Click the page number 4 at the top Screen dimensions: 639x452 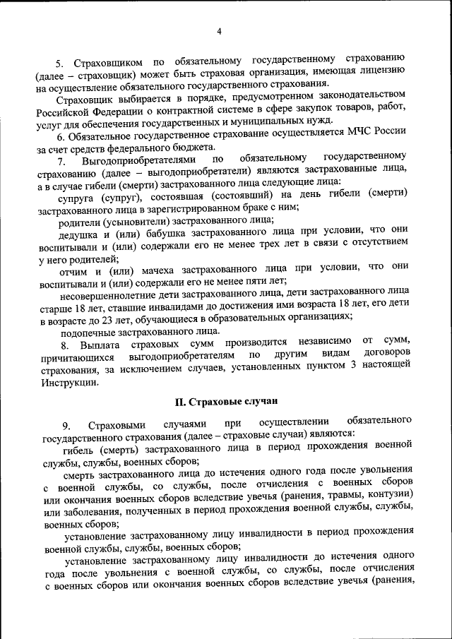click(219, 31)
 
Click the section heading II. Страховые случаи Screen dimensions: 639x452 click(225, 401)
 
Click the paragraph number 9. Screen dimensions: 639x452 click(66, 425)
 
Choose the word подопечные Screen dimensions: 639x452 click(90, 330)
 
